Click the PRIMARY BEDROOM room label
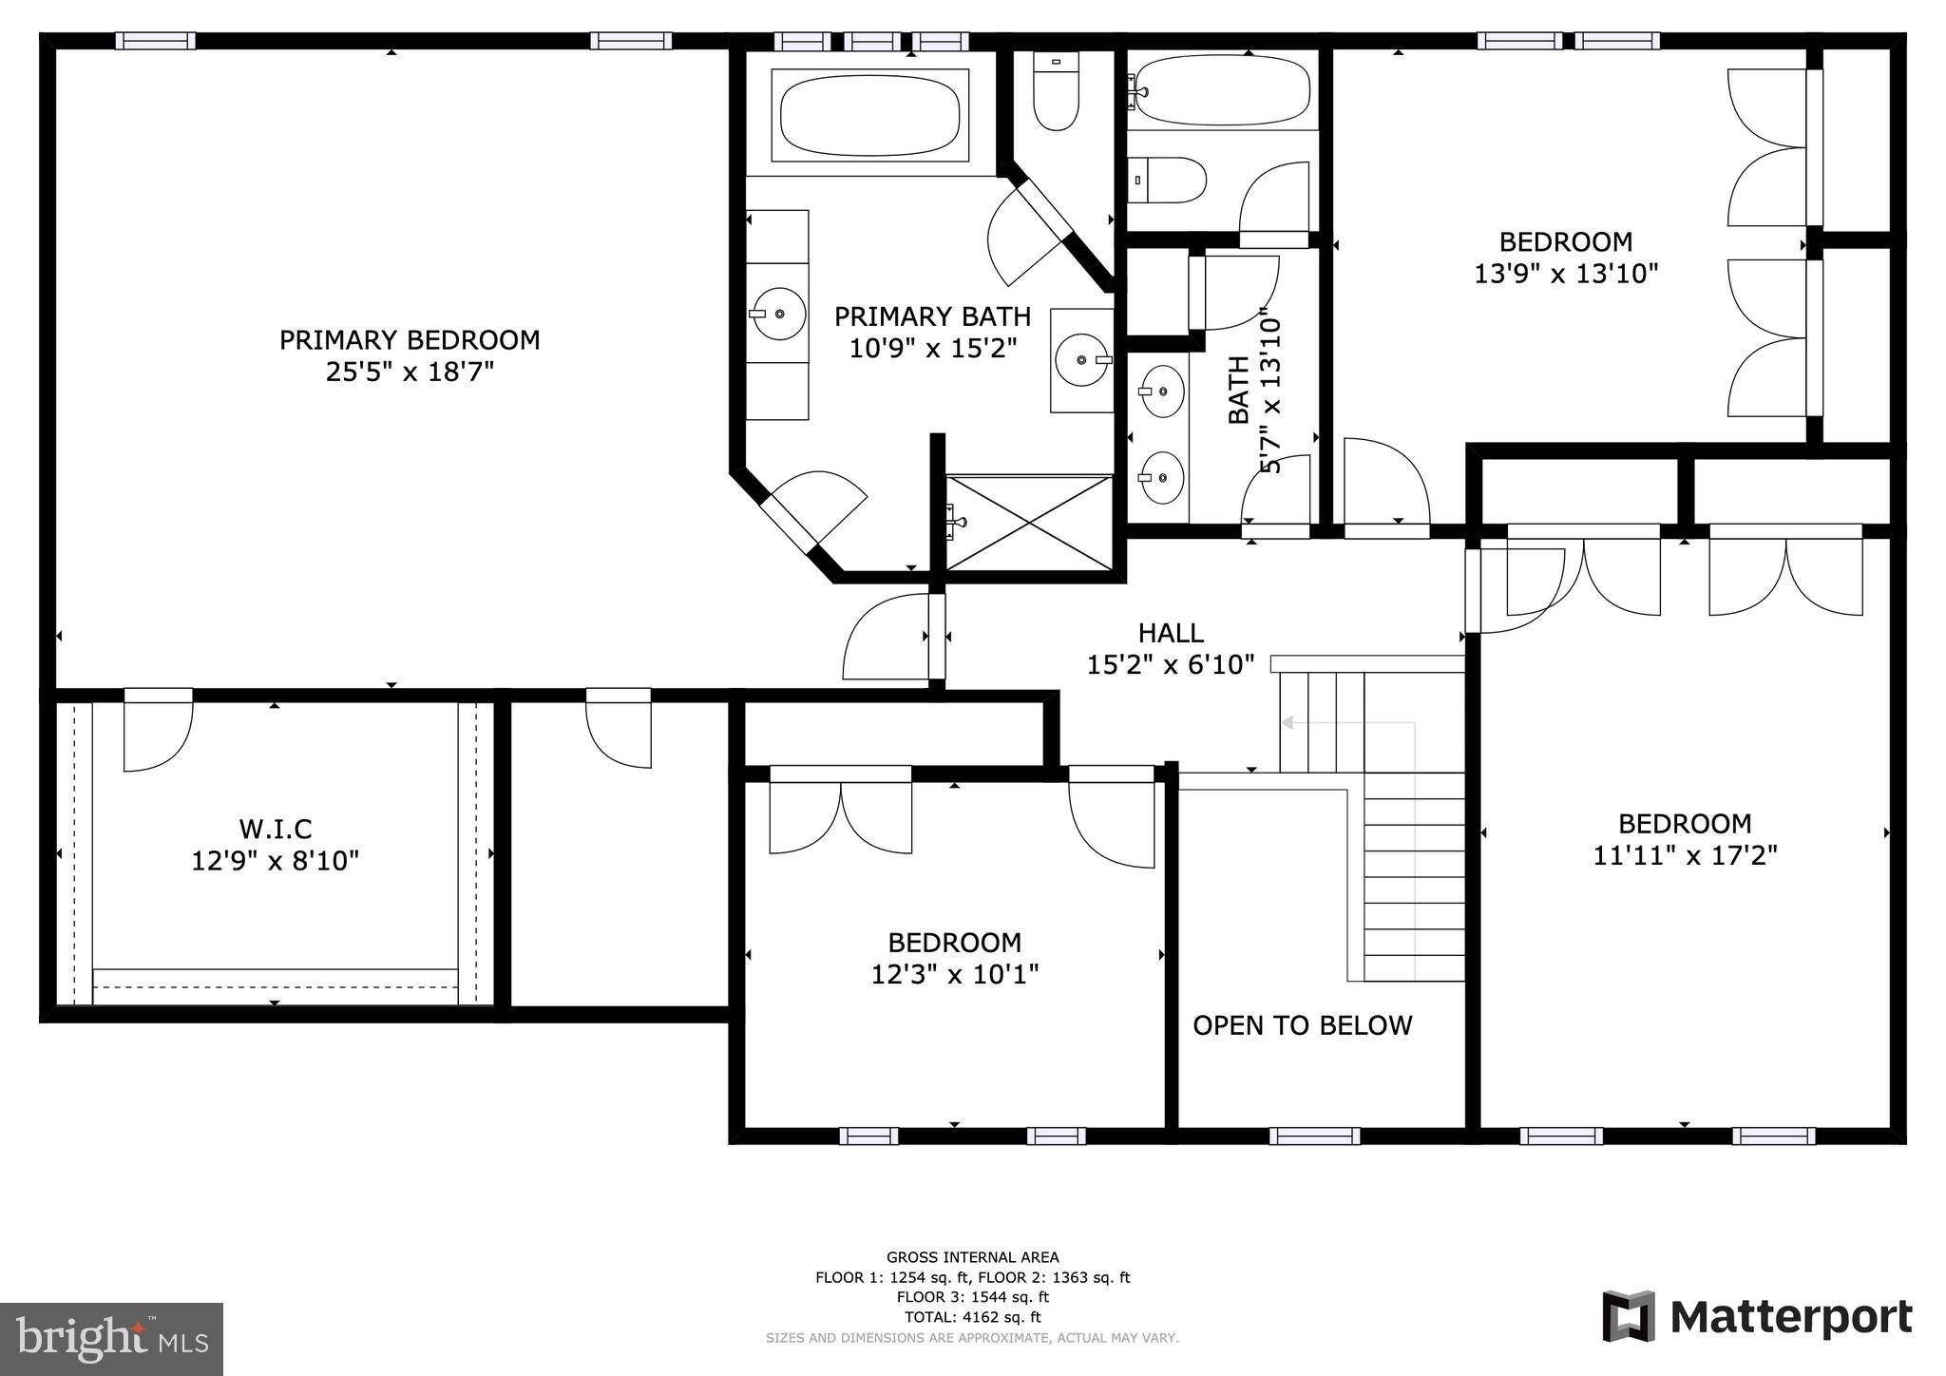tap(410, 340)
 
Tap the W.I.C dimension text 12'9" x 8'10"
tap(276, 862)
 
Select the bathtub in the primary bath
tap(868, 115)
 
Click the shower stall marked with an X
tap(1029, 524)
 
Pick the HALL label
tap(1171, 633)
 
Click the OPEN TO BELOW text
tap(1302, 1025)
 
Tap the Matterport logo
tap(1757, 1318)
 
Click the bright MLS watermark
tap(111, 1339)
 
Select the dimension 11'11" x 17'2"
tap(1685, 855)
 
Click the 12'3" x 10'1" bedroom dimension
tap(954, 975)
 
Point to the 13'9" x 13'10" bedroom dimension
tap(1566, 275)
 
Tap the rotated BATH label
tap(1239, 390)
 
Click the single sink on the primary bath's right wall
tap(1082, 360)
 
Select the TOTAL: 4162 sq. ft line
tap(972, 1317)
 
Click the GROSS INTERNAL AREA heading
tap(972, 1257)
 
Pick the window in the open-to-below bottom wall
tap(1315, 1136)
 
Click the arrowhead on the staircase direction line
tap(1288, 723)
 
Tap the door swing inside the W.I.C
tap(158, 737)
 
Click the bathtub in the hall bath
tap(1224, 90)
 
